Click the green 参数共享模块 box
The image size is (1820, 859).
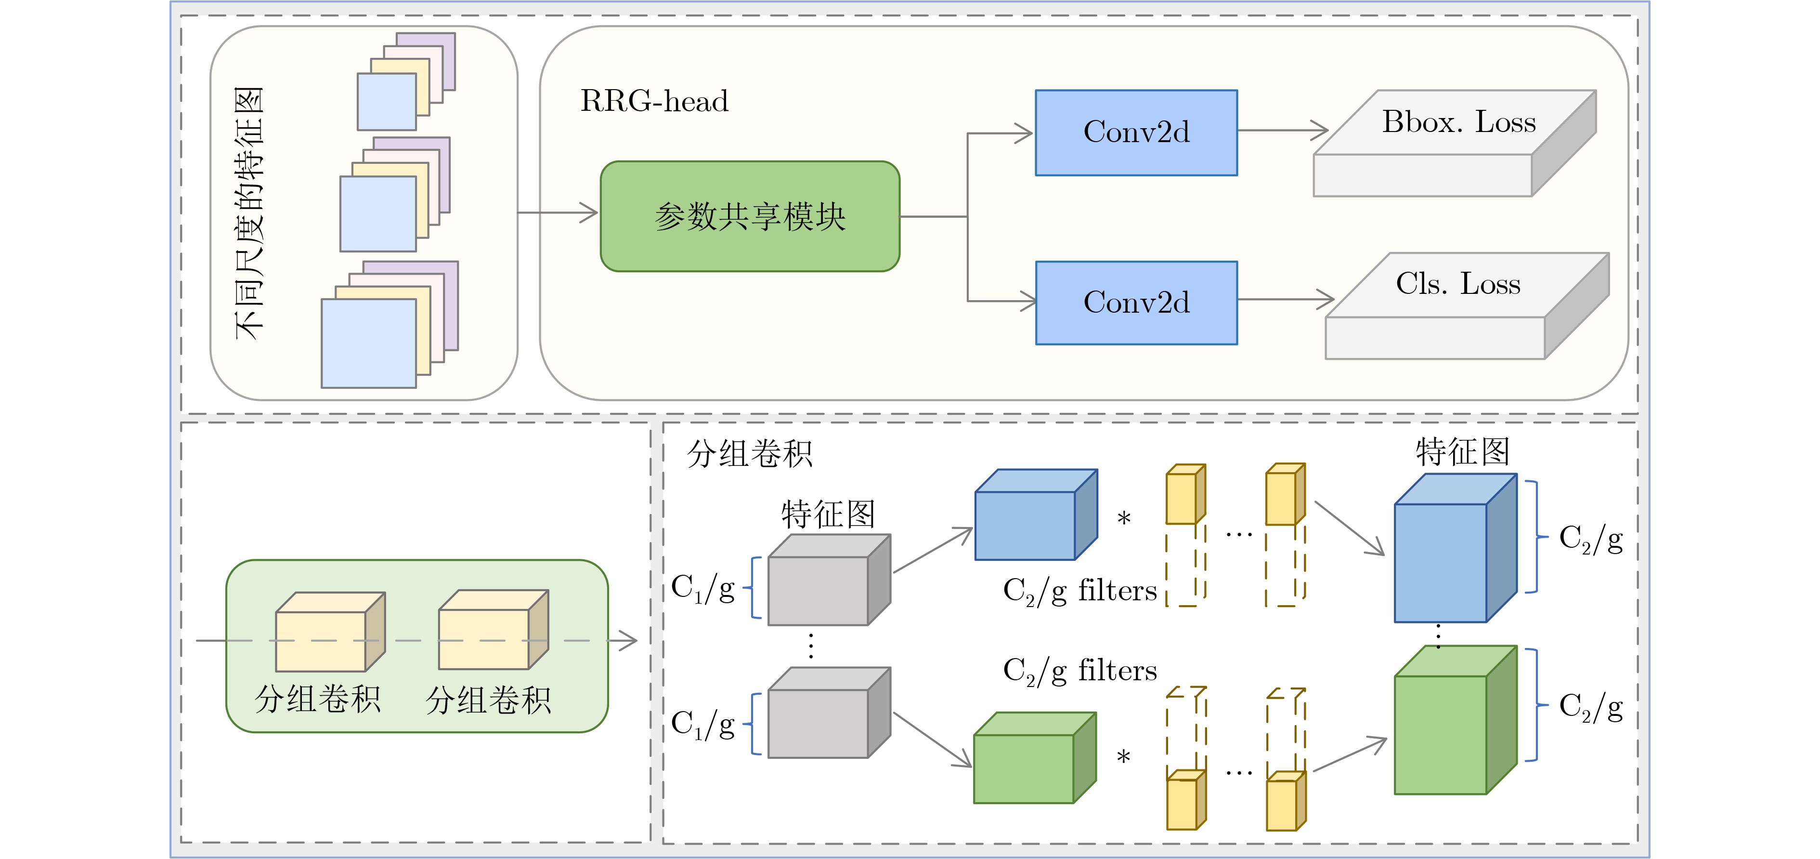point(750,216)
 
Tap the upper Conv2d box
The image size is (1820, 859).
point(1136,132)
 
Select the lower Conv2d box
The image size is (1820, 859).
point(1136,303)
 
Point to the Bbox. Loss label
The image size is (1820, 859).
point(1458,122)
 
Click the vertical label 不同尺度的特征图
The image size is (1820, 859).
point(249,212)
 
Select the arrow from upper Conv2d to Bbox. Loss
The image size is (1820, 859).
point(1282,130)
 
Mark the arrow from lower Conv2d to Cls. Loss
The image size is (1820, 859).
point(1286,299)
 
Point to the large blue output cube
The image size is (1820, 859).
point(1454,550)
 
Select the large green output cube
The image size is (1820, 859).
point(1454,721)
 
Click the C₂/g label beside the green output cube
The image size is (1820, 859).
point(1590,707)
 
